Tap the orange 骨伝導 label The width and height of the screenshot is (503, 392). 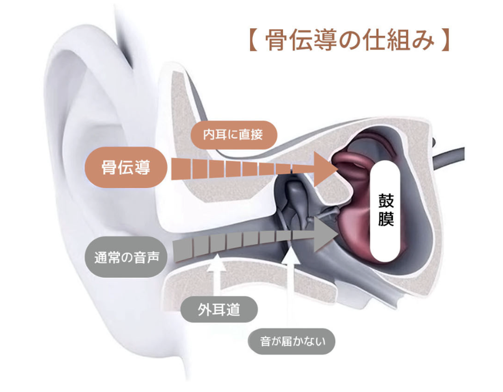coord(126,168)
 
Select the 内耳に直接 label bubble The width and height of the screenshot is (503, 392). coord(233,135)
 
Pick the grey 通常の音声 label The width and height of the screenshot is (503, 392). coord(126,257)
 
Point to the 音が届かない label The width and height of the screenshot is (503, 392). coord(292,342)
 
